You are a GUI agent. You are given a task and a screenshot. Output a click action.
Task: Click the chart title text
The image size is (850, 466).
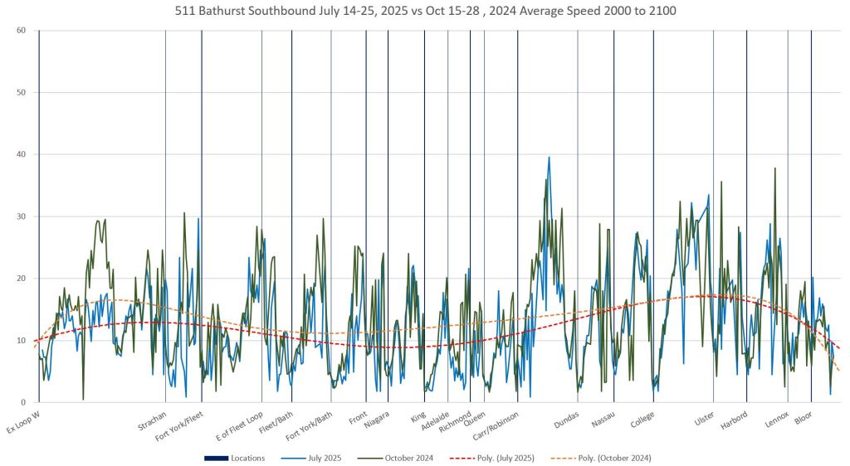[x=425, y=11]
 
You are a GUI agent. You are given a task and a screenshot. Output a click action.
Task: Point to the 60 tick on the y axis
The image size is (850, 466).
[x=21, y=31]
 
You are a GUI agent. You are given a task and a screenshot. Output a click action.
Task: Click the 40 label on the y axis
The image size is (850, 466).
[x=21, y=154]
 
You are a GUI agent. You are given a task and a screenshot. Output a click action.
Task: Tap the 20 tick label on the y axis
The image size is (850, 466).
[x=21, y=279]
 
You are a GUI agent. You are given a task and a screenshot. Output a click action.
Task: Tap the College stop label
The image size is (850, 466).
[x=642, y=421]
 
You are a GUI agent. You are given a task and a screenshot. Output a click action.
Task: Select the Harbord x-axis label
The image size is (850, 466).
[x=734, y=421]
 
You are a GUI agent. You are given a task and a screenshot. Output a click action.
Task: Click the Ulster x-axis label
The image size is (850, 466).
[x=704, y=420]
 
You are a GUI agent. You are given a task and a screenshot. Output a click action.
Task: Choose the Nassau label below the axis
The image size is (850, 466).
[x=603, y=420]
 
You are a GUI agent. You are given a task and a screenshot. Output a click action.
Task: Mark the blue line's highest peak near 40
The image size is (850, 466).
[x=549, y=158]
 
